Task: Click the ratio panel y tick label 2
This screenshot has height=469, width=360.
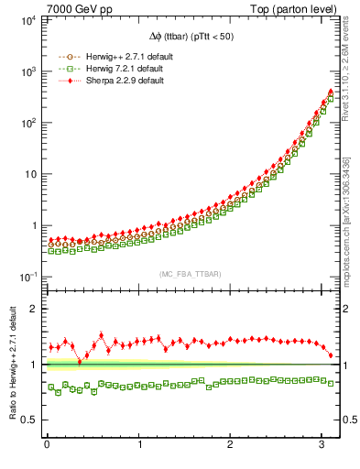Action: pyautogui.click(x=34, y=309)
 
